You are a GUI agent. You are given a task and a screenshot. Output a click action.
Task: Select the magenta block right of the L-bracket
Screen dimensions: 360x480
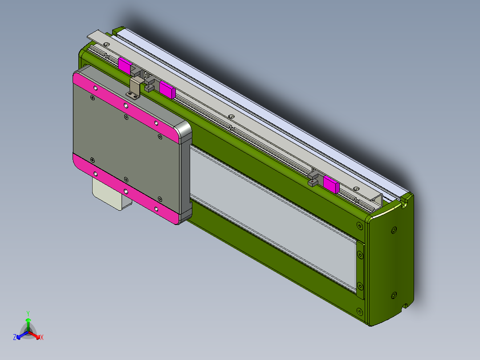coord(167,90)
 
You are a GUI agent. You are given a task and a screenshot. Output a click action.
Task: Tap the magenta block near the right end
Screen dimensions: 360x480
coord(331,184)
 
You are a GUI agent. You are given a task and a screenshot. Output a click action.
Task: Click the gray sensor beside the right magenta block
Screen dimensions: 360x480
coord(315,178)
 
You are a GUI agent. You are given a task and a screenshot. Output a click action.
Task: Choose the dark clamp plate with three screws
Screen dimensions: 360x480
coord(360,270)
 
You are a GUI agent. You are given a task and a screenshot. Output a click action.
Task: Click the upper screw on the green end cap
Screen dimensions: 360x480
coord(393,230)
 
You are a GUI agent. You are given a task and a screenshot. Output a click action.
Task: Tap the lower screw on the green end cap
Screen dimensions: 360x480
coord(393,295)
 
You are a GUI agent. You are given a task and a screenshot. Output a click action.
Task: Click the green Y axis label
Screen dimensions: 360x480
coord(28,313)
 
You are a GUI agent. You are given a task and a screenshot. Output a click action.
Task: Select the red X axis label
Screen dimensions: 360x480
coord(41,338)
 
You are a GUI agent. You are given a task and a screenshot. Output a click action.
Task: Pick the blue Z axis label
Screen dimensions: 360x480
coord(15,338)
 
